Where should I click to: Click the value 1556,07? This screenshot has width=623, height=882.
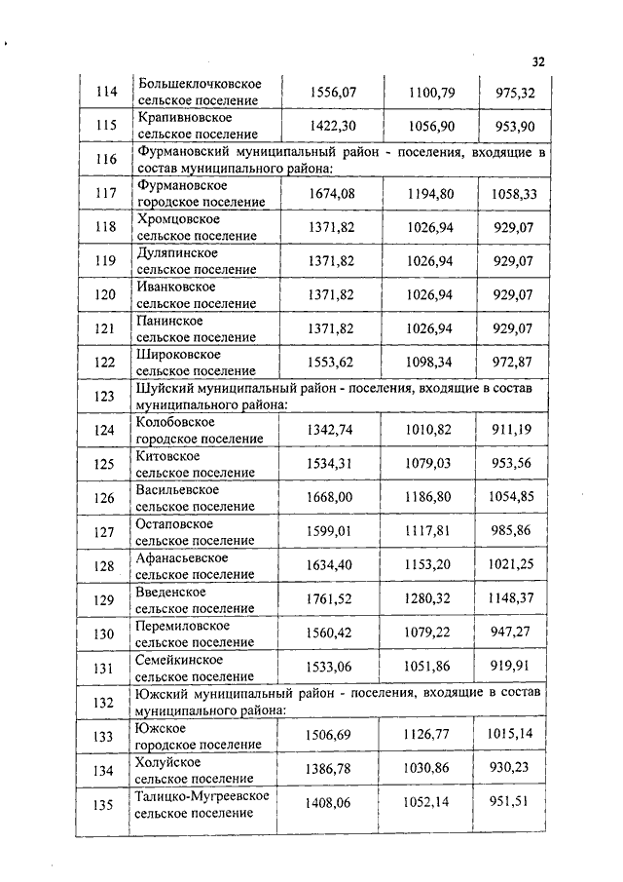click(x=333, y=93)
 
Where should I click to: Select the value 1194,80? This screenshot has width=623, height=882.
click(x=429, y=194)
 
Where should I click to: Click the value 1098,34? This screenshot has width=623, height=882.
click(x=429, y=363)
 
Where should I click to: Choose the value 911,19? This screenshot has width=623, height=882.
click(x=511, y=430)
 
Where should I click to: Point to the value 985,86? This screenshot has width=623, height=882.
click(x=511, y=531)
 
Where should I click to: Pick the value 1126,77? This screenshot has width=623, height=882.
click(x=428, y=736)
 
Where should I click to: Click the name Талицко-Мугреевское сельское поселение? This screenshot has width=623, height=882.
click(x=202, y=804)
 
